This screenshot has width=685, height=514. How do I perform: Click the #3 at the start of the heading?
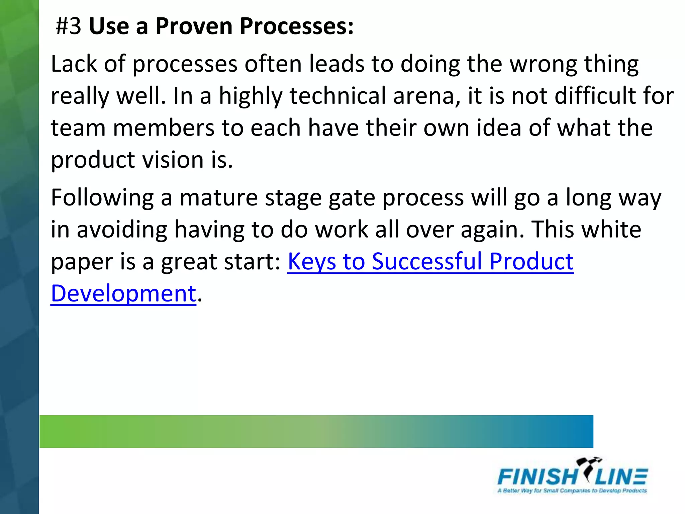click(68, 26)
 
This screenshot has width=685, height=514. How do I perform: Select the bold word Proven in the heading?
click(194, 26)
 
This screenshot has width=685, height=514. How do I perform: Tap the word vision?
click(173, 160)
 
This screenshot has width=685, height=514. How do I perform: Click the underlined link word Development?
click(123, 293)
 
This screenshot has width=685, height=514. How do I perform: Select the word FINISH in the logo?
click(536, 477)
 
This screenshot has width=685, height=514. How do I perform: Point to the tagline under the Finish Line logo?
click(572, 491)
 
